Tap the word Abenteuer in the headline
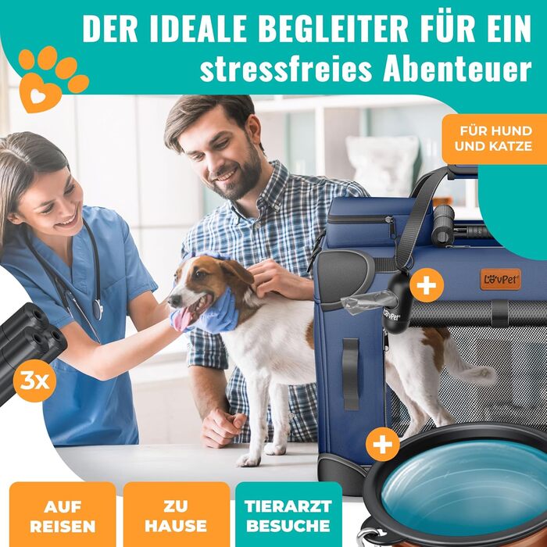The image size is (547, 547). point(457,69)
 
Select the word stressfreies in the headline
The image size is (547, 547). point(286,69)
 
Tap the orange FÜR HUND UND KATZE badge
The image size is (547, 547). point(495,139)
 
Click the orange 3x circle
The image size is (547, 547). point(34,381)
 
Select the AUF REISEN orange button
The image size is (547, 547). point(63,514)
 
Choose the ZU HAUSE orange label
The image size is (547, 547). point(176,514)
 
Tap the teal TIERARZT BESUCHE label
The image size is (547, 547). point(288,514)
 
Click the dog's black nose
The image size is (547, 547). point(173,299)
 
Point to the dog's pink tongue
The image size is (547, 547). point(182,319)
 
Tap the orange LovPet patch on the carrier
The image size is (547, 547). point(500,279)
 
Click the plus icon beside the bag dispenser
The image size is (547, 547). point(427,285)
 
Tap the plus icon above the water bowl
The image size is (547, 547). point(383,444)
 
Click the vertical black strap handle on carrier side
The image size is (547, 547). point(350,374)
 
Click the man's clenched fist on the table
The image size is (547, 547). point(223,427)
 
